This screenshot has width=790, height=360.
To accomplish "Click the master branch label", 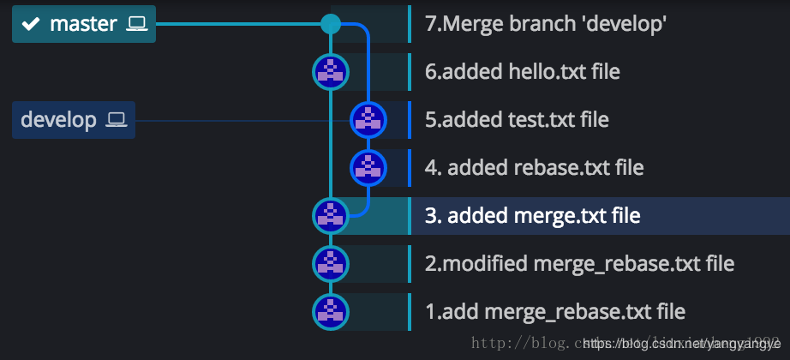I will coord(83,24).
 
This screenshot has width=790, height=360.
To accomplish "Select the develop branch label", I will coord(58,119).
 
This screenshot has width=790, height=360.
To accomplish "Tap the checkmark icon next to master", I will coord(31,24).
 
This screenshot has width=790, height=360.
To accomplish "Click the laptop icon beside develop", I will coord(117,119).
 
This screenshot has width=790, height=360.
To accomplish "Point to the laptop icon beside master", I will coord(137,24).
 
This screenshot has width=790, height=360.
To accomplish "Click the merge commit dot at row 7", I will coord(331,24).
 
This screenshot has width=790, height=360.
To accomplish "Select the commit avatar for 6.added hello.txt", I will coord(331,72).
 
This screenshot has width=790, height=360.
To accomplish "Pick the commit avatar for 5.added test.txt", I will coord(368,119).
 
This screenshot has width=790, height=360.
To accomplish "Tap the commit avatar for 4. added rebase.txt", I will coord(368,167).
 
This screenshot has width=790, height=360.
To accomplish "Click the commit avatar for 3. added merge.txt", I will coord(331,215).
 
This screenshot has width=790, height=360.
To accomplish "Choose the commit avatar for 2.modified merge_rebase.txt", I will coord(331,263).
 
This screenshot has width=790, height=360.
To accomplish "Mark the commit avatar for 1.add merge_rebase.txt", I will coord(331,311).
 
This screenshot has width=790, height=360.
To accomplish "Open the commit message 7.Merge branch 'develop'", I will coord(546,24).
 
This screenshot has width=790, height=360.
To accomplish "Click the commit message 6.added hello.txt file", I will coord(523,72).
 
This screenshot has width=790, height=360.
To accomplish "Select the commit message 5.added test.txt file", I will coord(517,119).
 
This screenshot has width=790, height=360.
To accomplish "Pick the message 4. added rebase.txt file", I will coord(534,167).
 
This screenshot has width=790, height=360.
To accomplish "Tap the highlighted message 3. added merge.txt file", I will coord(532,215).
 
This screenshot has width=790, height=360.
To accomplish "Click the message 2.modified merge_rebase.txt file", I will coord(579,263).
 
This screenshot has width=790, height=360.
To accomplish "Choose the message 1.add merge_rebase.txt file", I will coord(555,311).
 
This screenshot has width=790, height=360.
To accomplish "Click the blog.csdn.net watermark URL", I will coord(681,344).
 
